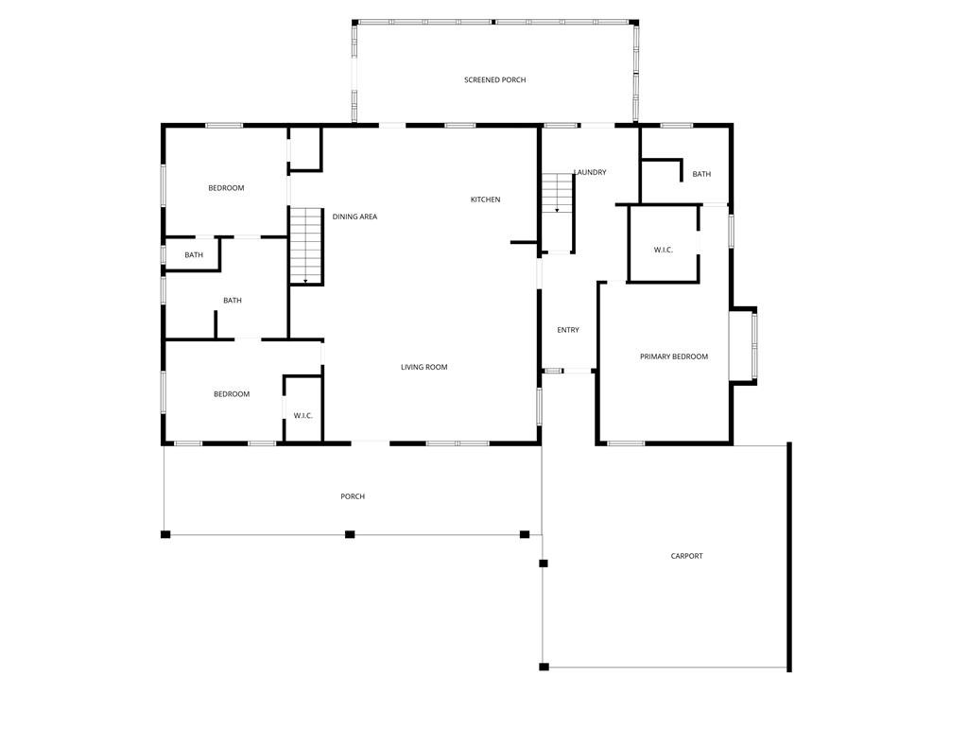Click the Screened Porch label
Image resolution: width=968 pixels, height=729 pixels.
pyautogui.click(x=494, y=79)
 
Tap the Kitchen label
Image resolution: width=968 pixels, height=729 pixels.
pyautogui.click(x=485, y=200)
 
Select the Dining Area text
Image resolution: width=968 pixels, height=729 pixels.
pyautogui.click(x=354, y=217)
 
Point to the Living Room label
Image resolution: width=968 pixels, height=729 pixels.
pyautogui.click(x=424, y=367)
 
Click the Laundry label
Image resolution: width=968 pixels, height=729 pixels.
pyautogui.click(x=590, y=172)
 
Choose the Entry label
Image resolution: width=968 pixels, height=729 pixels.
pyautogui.click(x=568, y=330)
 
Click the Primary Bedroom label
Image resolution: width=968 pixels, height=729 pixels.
pyautogui.click(x=673, y=356)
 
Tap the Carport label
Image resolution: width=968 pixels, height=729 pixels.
pyautogui.click(x=686, y=556)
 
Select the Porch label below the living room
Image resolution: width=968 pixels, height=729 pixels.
pyautogui.click(x=353, y=496)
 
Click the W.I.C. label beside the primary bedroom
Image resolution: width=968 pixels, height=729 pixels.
pyautogui.click(x=663, y=250)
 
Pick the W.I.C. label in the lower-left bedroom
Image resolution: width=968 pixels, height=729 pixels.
pyautogui.click(x=302, y=416)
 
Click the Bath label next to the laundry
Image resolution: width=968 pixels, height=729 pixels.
pyautogui.click(x=701, y=174)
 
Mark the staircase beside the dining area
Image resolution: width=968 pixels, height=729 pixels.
pyautogui.click(x=306, y=246)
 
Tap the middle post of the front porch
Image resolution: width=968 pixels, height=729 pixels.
pyautogui.click(x=350, y=534)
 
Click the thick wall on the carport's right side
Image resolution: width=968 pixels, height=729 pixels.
pyautogui.click(x=789, y=557)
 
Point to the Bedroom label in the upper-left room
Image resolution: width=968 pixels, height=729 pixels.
pyautogui.click(x=226, y=188)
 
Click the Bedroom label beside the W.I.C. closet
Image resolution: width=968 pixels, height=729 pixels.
pyautogui.click(x=232, y=394)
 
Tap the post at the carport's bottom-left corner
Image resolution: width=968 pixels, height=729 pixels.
pyautogui.click(x=544, y=667)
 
